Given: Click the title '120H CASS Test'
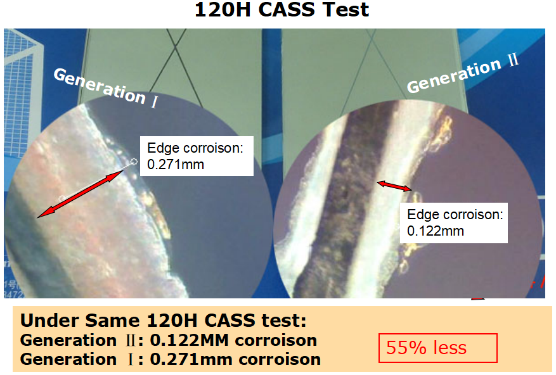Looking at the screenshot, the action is coord(282,10).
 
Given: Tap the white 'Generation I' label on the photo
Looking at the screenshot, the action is coord(105,87).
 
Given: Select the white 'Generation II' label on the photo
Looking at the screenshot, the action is coord(463,73).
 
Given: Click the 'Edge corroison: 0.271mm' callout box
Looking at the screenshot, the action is coord(197,156).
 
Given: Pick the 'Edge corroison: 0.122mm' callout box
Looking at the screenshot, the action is coord(454,222).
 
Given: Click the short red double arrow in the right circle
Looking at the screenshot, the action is coord(394,186).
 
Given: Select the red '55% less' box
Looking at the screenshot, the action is coord(438,348).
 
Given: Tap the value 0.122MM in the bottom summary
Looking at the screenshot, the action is coord(190,340).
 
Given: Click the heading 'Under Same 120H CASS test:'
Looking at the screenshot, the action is coord(163,321).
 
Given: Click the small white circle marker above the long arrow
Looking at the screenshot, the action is coord(134,162).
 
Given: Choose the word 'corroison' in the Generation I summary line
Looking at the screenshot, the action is coord(280,359).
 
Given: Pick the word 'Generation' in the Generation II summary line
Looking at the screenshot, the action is coord(68,340).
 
